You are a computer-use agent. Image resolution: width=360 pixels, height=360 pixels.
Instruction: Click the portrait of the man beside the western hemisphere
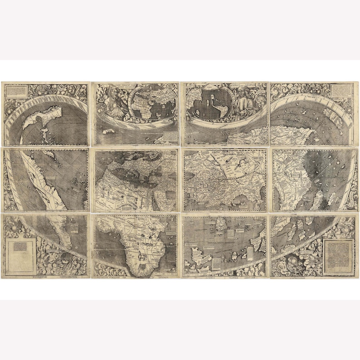coord(245,102)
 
